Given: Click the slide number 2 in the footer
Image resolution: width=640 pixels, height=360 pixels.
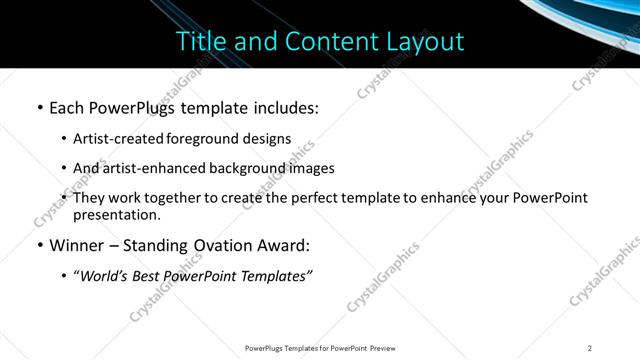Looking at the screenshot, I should click(590, 348).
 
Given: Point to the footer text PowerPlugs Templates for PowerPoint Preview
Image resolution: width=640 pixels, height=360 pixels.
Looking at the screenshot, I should click(319, 348).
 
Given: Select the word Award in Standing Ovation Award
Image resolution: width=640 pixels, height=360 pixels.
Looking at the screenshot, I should click(281, 244).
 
